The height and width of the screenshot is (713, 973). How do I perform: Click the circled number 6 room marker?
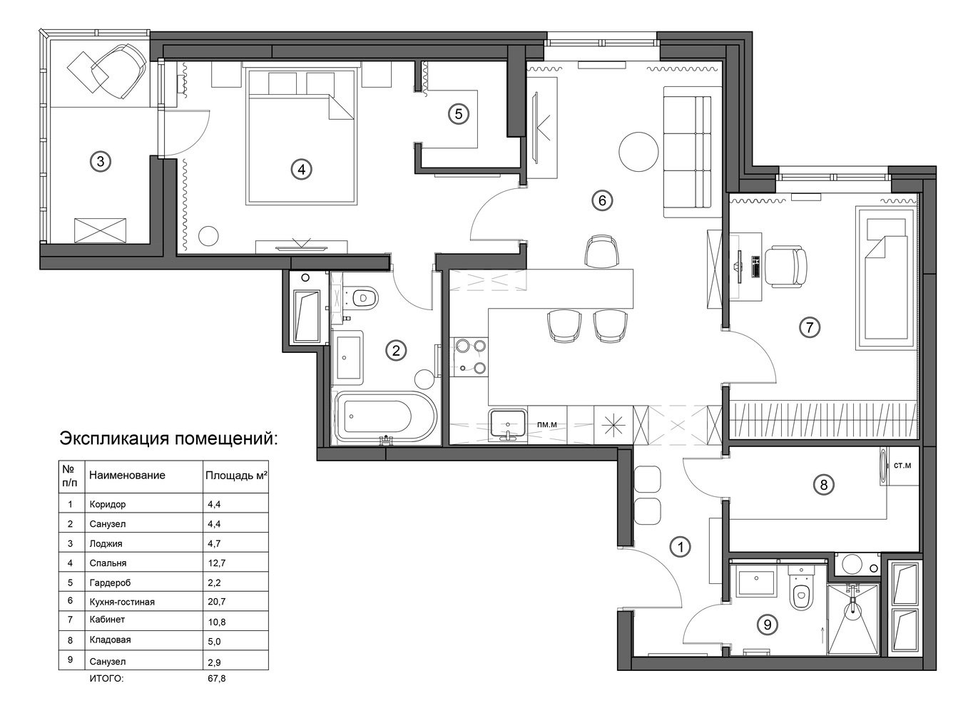pyautogui.click(x=602, y=200)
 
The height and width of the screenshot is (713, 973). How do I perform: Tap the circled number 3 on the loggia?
pyautogui.click(x=101, y=162)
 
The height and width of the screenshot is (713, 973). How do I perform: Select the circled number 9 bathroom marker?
pyautogui.click(x=767, y=625)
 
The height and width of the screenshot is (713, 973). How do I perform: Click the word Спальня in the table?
pyautogui.click(x=108, y=563)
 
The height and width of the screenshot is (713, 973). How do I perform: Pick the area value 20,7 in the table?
pyautogui.click(x=216, y=601)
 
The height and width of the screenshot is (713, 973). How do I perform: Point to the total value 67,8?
pyautogui.click(x=216, y=678)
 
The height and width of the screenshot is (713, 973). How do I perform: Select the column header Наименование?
pyautogui.click(x=127, y=475)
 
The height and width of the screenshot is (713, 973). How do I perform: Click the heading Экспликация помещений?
pyautogui.click(x=168, y=438)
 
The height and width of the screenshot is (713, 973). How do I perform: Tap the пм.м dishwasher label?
pyautogui.click(x=547, y=425)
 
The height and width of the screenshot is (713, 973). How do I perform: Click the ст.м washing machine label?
pyautogui.click(x=902, y=466)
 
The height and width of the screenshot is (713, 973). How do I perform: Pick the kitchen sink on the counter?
pyautogui.click(x=508, y=424)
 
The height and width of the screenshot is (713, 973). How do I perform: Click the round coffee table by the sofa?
pyautogui.click(x=638, y=153)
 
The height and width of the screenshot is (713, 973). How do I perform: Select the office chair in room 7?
pyautogui.click(x=785, y=267)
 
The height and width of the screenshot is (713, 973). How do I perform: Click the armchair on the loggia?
pyautogui.click(x=119, y=71)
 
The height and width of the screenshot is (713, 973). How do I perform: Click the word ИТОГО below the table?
pyautogui.click(x=107, y=678)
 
